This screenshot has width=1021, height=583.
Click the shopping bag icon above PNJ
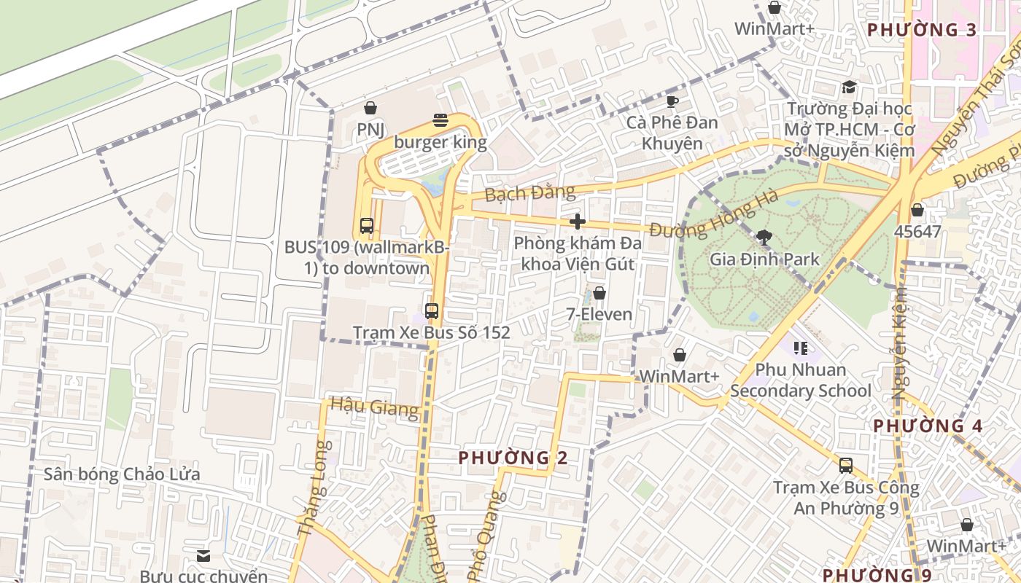click(x=370, y=109)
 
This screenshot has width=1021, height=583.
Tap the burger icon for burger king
click(x=440, y=120)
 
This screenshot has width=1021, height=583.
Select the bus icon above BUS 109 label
click(x=367, y=226)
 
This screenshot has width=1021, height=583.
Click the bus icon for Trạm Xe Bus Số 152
click(x=432, y=311)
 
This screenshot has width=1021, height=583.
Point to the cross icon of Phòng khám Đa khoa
click(x=578, y=222)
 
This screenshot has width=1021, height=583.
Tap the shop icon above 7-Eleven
click(x=599, y=293)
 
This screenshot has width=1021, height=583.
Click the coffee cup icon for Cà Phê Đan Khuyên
click(x=672, y=101)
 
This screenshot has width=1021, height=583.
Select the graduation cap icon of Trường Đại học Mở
click(x=849, y=87)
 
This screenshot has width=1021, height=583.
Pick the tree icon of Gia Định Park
click(x=764, y=237)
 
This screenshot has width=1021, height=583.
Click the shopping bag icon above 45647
click(x=917, y=211)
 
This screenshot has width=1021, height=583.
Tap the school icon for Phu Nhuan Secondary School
click(x=801, y=348)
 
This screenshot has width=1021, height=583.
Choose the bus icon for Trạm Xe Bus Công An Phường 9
click(x=846, y=465)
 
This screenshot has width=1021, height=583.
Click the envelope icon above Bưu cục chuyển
click(x=203, y=555)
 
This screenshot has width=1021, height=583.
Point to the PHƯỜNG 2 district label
click(x=513, y=458)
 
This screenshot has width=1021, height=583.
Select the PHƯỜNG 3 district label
click(x=922, y=30)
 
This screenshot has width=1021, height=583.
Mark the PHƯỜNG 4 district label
click(x=928, y=426)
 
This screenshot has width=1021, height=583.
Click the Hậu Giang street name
click(x=375, y=406)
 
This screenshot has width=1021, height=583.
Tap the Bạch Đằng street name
click(x=529, y=194)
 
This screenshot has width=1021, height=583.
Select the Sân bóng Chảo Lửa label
click(x=122, y=474)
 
